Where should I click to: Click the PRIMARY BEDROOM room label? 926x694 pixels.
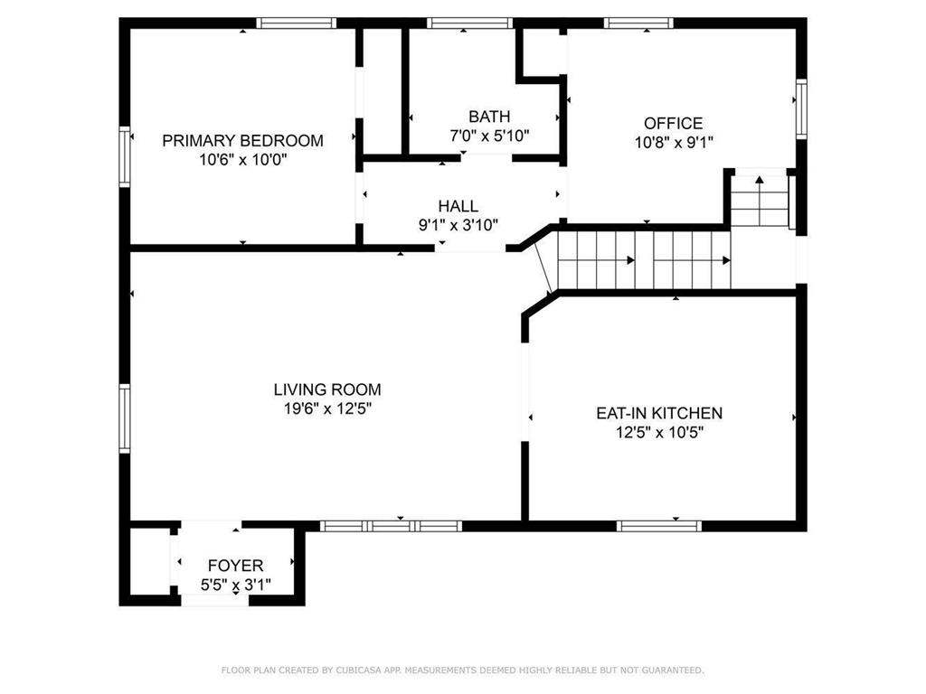coord(242,140)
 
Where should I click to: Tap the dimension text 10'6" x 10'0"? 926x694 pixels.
coord(242,160)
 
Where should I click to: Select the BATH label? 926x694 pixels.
coord(489,117)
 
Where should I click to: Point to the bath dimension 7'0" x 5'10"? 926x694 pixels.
coord(489,136)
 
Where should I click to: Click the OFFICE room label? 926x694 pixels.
coord(673,123)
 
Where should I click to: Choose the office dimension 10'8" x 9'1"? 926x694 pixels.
coord(673,142)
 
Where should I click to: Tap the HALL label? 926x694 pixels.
coord(458,206)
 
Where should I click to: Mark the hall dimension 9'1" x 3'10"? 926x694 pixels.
coord(458,225)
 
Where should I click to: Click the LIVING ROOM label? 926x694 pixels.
coord(327,389)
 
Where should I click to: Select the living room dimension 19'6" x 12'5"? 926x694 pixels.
coord(327,408)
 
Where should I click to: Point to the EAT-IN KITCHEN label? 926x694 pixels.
coord(658,413)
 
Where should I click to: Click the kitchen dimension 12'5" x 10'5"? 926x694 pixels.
coord(658,432)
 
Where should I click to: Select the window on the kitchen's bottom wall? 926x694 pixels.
coord(659,525)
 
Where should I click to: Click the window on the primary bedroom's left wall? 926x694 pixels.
coord(126,156)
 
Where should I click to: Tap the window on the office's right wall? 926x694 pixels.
coord(801,109)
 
